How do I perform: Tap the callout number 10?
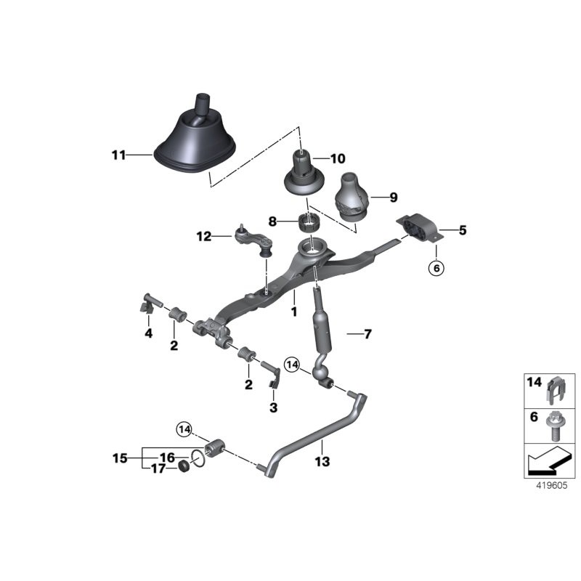pos(339,158)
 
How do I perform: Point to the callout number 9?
pos(394,197)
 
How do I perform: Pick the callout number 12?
pos(203,235)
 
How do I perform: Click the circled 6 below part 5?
pos(436,269)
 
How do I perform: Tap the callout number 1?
pos(294,312)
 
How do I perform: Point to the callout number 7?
pos(367,334)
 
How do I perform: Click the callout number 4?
pos(148,333)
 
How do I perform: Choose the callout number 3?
pos(273,408)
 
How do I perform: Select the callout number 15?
pos(120,458)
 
